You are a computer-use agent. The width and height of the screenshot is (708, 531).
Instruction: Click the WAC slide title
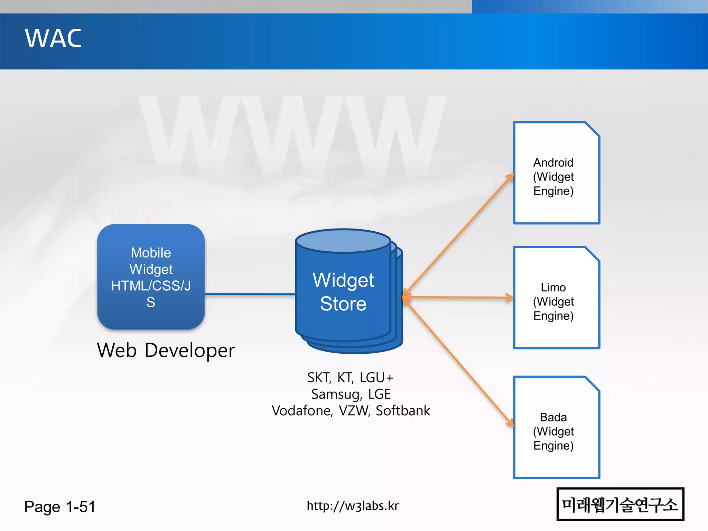(53, 38)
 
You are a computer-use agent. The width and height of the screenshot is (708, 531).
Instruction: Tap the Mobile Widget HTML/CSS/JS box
(151, 277)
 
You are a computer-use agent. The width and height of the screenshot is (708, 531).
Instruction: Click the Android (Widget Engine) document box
(556, 173)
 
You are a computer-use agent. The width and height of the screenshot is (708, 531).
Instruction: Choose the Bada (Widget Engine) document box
(556, 428)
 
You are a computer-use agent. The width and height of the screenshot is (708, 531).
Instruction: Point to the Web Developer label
(166, 350)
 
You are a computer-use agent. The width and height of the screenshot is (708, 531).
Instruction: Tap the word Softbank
(403, 411)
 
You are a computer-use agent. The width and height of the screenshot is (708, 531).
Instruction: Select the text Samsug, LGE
(351, 394)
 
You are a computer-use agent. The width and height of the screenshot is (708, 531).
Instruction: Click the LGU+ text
(376, 378)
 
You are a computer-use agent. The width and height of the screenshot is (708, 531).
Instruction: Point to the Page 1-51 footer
(60, 507)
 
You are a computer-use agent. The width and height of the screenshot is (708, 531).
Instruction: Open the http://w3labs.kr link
(353, 506)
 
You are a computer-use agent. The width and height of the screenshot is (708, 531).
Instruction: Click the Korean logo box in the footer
(620, 504)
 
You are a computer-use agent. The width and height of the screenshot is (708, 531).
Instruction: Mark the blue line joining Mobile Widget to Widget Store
(250, 294)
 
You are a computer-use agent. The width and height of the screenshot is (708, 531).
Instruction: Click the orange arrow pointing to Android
(460, 235)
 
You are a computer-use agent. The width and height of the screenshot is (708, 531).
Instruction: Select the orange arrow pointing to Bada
(460, 363)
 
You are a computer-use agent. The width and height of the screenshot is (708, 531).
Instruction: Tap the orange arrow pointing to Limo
(460, 297)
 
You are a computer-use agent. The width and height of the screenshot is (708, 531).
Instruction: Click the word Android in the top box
(553, 162)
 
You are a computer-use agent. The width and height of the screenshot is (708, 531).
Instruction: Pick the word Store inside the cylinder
(343, 304)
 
